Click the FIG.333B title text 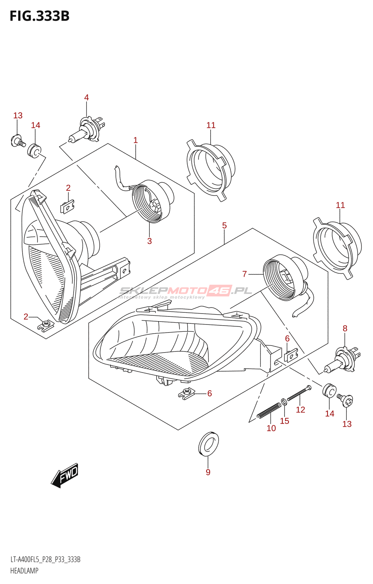[39, 16]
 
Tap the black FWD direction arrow [65, 475]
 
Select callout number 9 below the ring [208, 472]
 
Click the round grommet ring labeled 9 [208, 444]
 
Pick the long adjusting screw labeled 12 [299, 393]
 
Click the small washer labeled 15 [284, 402]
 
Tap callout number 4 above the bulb [86, 97]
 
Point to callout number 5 [224, 226]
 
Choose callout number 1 [136, 140]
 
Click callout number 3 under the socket [149, 241]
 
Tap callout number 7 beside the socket [244, 274]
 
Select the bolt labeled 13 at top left [17, 141]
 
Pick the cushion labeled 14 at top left [34, 150]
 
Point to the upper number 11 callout [211, 125]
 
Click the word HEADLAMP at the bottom [24, 571]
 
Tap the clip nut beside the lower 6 [187, 393]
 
